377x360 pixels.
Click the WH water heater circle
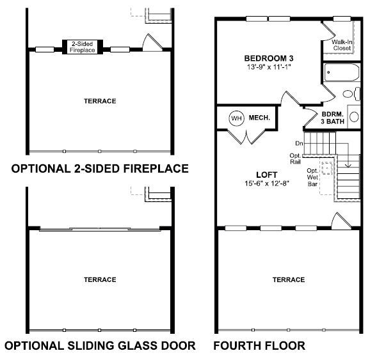tap(237, 118)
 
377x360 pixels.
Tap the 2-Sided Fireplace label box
tap(83, 47)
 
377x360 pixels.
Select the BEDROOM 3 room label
tap(269, 58)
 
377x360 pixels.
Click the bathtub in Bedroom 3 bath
tap(342, 72)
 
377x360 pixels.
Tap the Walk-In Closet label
tap(342, 45)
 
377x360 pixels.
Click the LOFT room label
tap(267, 175)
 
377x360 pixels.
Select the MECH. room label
tap(259, 118)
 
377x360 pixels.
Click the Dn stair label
tap(299, 143)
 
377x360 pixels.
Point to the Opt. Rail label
tap(295, 159)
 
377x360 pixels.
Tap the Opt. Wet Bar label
tap(312, 177)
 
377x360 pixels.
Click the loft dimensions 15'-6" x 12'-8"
tap(267, 184)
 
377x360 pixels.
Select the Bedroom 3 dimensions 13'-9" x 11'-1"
tap(269, 67)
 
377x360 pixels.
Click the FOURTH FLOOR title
tap(259, 346)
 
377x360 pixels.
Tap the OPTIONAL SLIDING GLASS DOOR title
tap(100, 346)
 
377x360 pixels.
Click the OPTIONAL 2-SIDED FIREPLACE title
tap(100, 169)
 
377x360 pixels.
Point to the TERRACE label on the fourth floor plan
tap(289, 279)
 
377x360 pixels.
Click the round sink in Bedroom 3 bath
tap(354, 117)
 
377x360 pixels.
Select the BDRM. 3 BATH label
tap(333, 118)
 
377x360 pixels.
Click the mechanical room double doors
tap(246, 136)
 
